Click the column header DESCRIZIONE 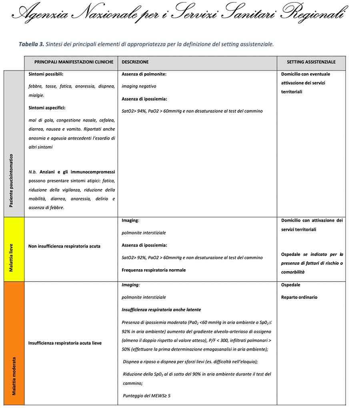135,62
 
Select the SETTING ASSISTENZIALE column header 311,62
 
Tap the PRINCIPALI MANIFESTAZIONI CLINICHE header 74,62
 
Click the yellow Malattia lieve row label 12,249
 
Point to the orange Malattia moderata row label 14,376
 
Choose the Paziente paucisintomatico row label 12,180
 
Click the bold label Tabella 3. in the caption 31,44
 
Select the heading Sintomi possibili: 46,74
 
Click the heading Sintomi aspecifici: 47,108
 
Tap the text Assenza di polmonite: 144,74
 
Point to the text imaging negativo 139,86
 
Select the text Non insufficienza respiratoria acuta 64,246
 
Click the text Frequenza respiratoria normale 154,270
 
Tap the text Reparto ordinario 299,297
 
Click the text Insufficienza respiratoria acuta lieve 65,343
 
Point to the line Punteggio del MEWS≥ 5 147,396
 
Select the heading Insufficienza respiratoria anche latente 161,310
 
